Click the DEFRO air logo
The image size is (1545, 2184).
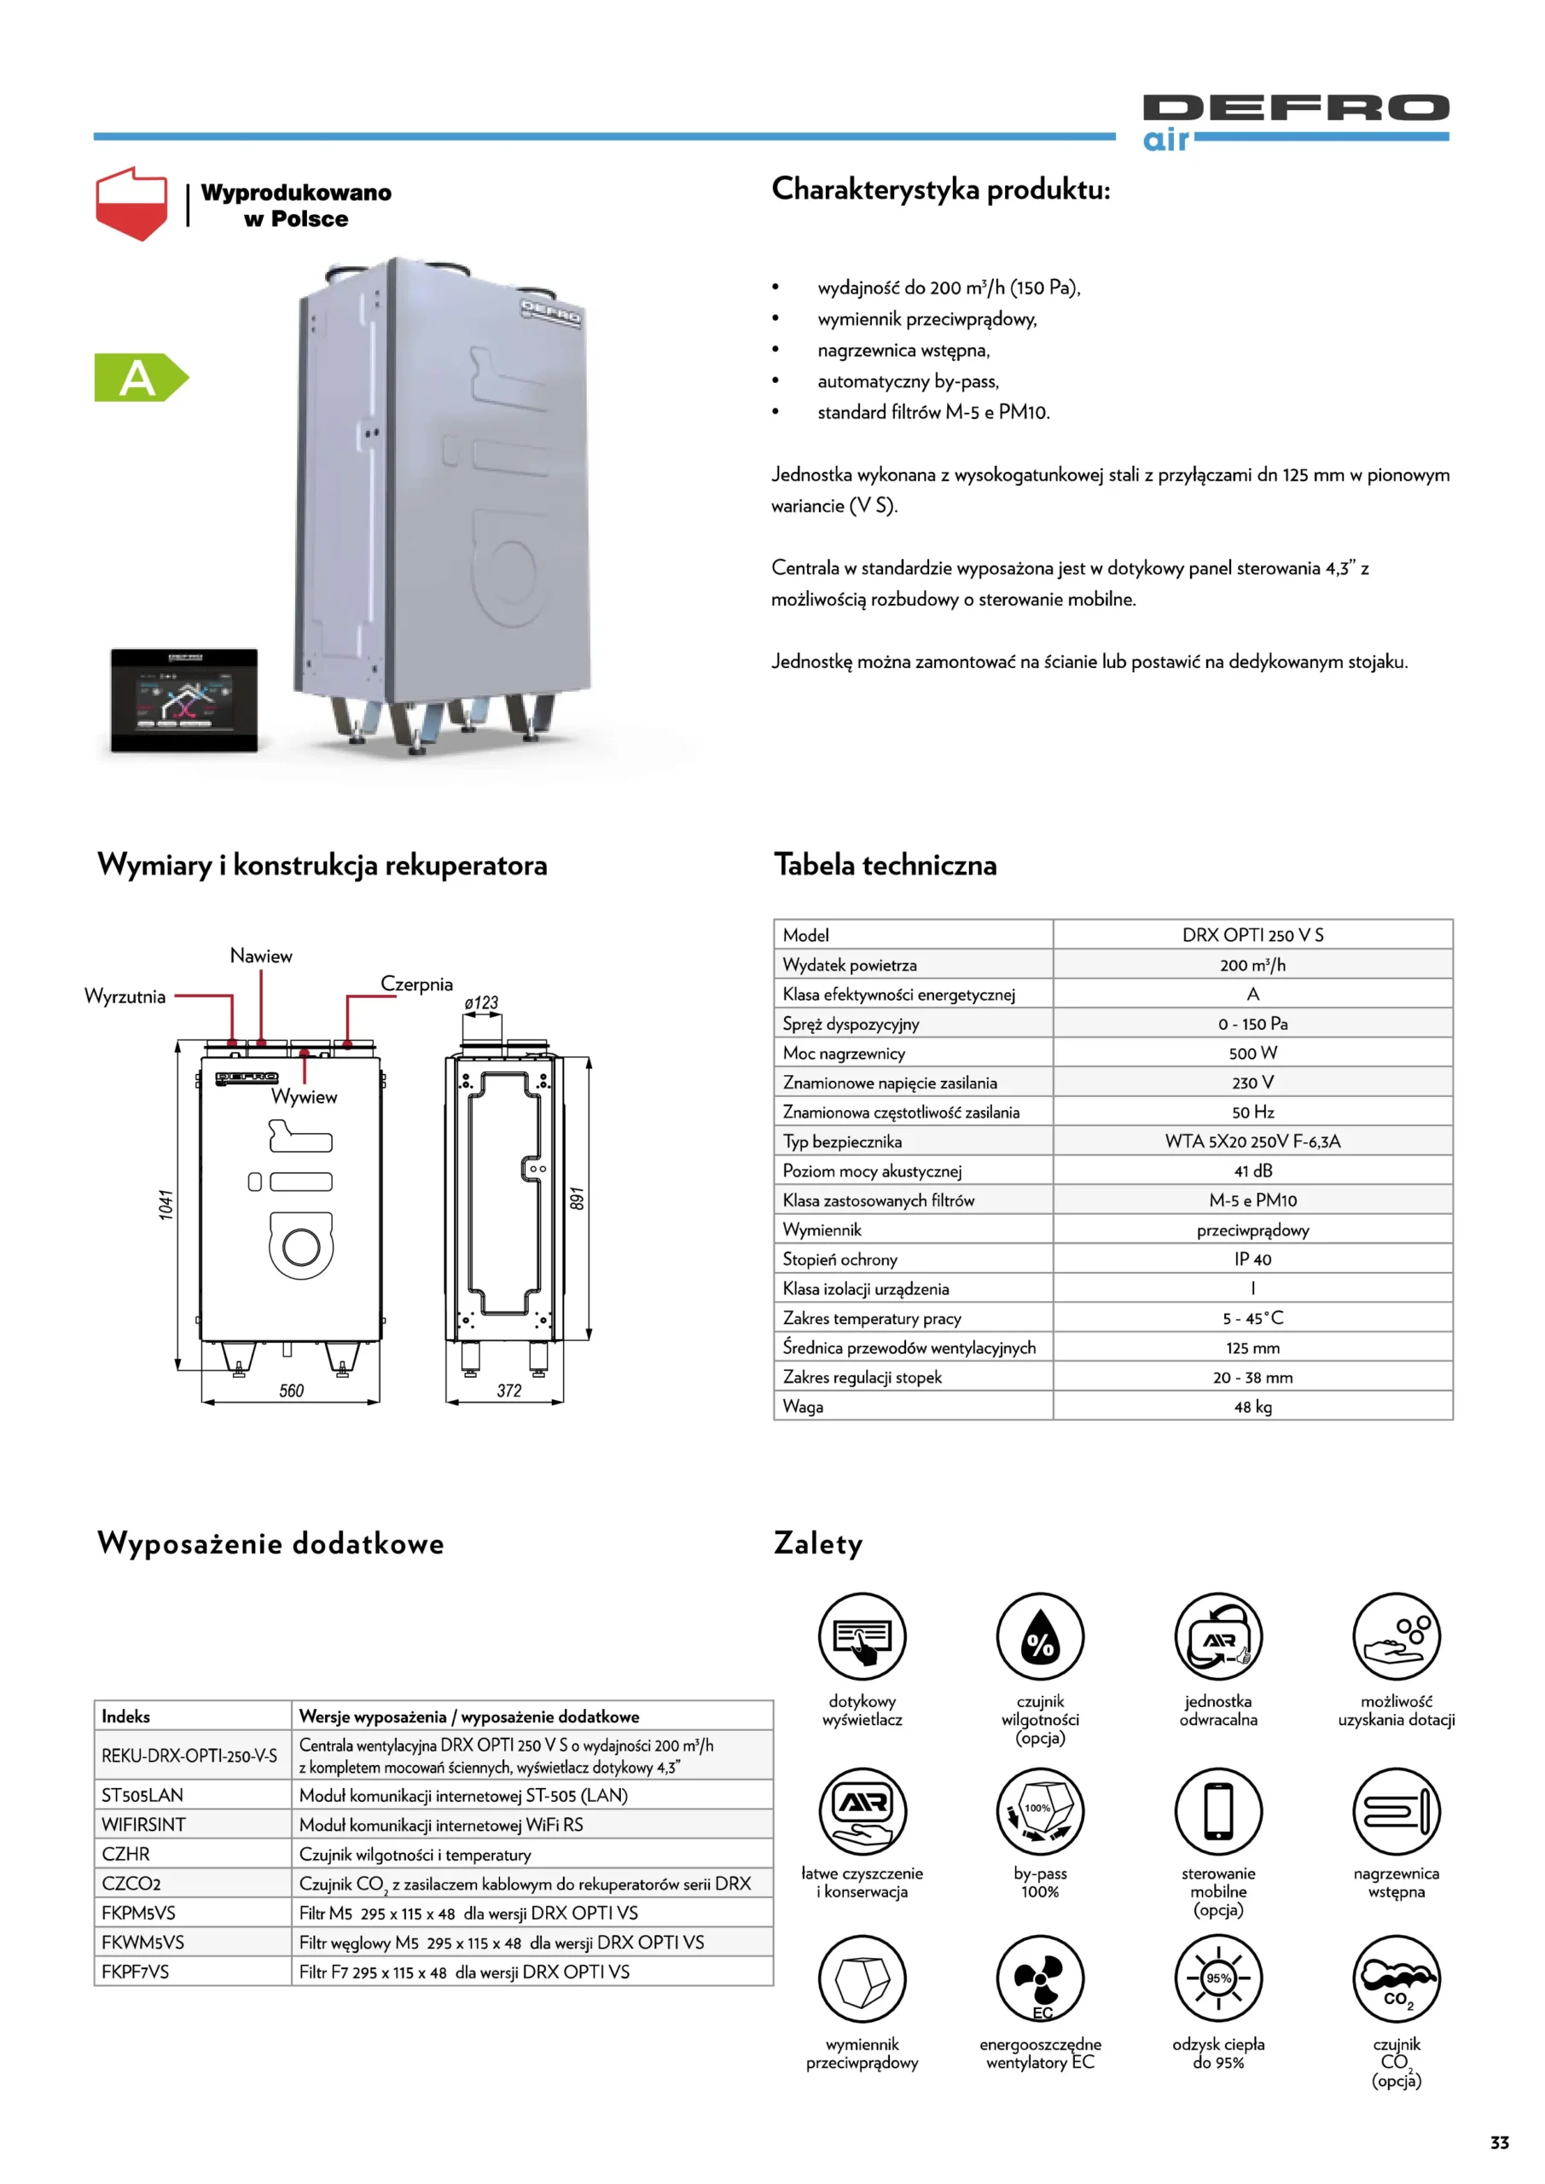coord(1295,121)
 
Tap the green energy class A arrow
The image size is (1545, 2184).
coord(140,378)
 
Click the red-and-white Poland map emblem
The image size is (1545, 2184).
coord(131,202)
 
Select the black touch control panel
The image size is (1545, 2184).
coord(183,700)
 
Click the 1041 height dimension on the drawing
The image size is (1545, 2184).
coord(166,1205)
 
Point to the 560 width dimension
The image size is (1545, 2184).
coord(291,1391)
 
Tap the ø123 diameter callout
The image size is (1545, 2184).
coord(481,1002)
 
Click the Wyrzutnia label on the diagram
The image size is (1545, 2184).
coord(125,996)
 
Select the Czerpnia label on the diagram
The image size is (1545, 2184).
coord(415,984)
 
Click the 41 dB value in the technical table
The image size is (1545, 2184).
coord(1252,1171)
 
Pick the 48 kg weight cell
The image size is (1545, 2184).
coord(1252,1406)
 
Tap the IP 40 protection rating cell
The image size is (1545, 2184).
coord(1252,1259)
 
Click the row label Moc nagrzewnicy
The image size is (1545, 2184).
coord(844,1053)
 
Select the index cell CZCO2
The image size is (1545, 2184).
coord(131,1884)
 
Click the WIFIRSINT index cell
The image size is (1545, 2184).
coord(143,1825)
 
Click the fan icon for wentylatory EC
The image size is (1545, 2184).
coord(1040,1978)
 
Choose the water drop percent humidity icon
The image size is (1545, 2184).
coord(1040,1637)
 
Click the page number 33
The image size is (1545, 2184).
coord(1499,2142)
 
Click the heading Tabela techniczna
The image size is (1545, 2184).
coord(885,865)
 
